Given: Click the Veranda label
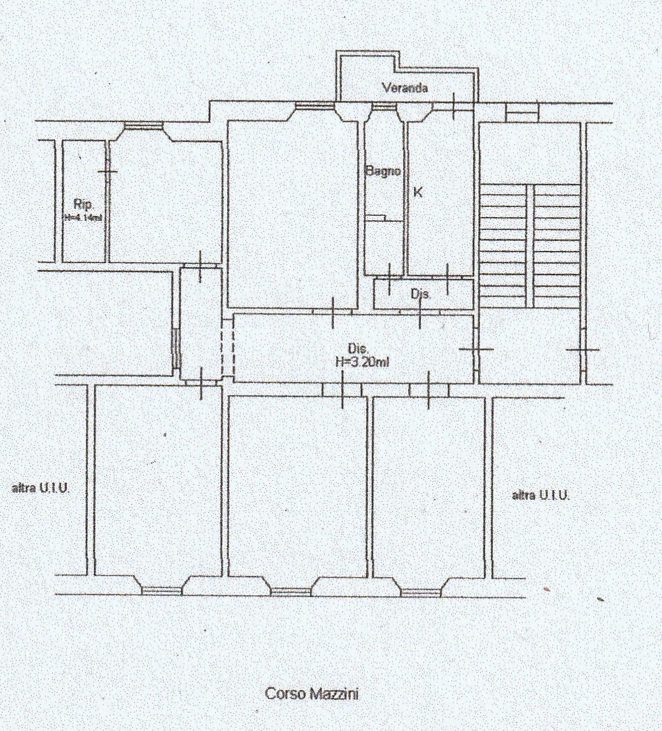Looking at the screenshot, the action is click(x=405, y=88).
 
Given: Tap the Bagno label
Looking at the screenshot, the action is click(x=383, y=171).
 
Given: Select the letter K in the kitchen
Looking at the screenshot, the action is click(x=418, y=192).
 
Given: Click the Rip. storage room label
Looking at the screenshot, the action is click(x=84, y=204).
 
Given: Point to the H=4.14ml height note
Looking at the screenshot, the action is click(x=83, y=216).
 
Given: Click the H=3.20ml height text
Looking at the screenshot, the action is click(x=362, y=362).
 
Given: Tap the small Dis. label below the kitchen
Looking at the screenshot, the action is click(x=421, y=294).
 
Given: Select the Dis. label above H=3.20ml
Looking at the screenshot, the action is click(x=358, y=348).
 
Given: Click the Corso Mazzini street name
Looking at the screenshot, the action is click(x=312, y=693).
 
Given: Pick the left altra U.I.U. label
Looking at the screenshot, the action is click(x=41, y=488).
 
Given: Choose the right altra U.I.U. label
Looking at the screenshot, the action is click(x=541, y=495).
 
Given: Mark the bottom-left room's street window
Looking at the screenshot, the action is click(x=162, y=591).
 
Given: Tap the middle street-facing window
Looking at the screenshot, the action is click(x=291, y=592).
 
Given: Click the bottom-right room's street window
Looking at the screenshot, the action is click(x=421, y=593).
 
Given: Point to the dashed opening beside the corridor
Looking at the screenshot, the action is click(x=227, y=347).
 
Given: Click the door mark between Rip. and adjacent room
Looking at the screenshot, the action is click(x=107, y=171).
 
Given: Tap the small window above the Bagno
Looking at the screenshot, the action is click(x=384, y=108).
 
